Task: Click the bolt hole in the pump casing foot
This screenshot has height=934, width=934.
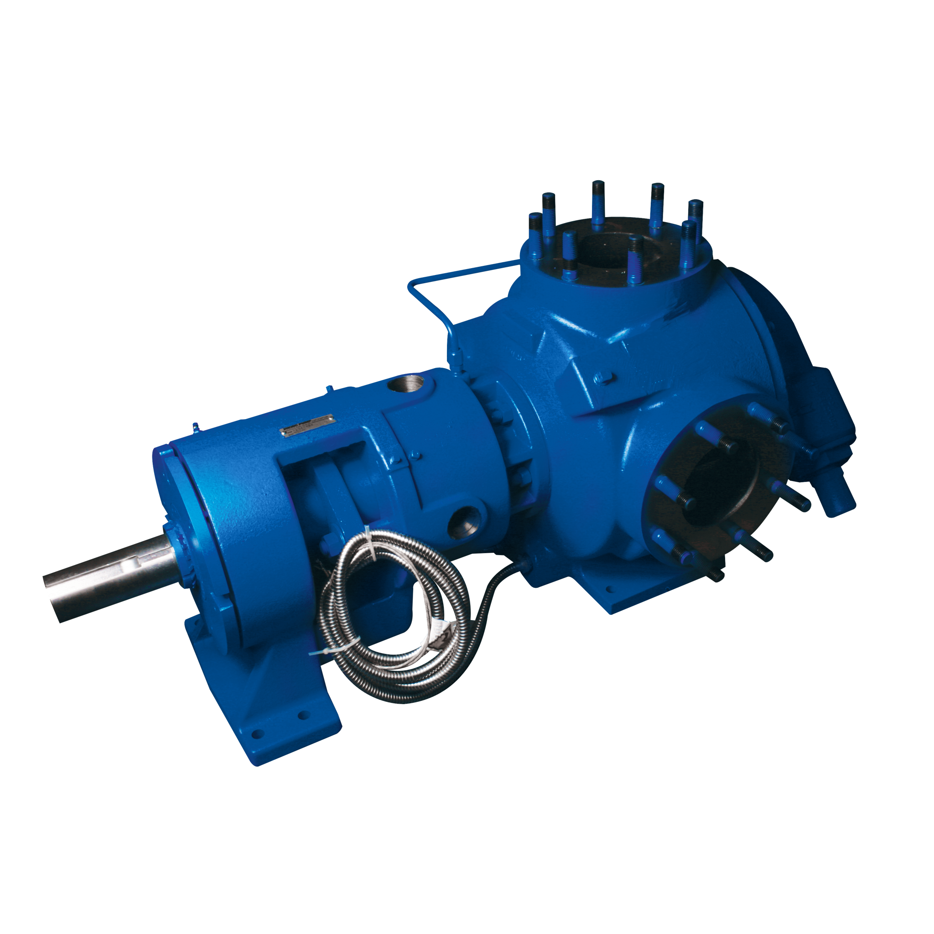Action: (x=608, y=590)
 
